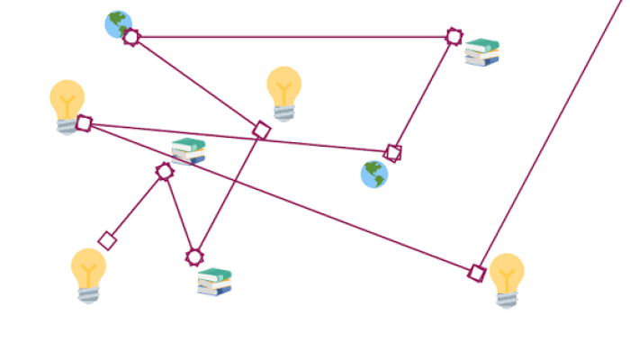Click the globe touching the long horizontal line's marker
(x=118, y=24)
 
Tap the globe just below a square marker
(x=374, y=174)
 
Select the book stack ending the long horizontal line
(x=481, y=52)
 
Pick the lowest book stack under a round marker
(x=215, y=282)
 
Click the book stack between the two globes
(x=188, y=150)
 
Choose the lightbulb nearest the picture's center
(x=284, y=93)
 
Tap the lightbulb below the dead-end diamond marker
(x=88, y=274)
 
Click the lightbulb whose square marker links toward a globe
(x=67, y=106)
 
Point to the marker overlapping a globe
(x=131, y=37)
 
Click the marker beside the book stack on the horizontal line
(x=454, y=36)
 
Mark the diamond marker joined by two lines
(x=261, y=130)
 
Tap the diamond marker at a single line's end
(x=107, y=240)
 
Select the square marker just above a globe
(x=392, y=152)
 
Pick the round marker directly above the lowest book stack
(x=193, y=257)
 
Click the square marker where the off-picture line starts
(x=477, y=272)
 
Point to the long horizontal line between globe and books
(x=292, y=37)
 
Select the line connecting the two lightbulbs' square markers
(x=279, y=197)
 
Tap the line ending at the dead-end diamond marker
(x=136, y=206)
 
